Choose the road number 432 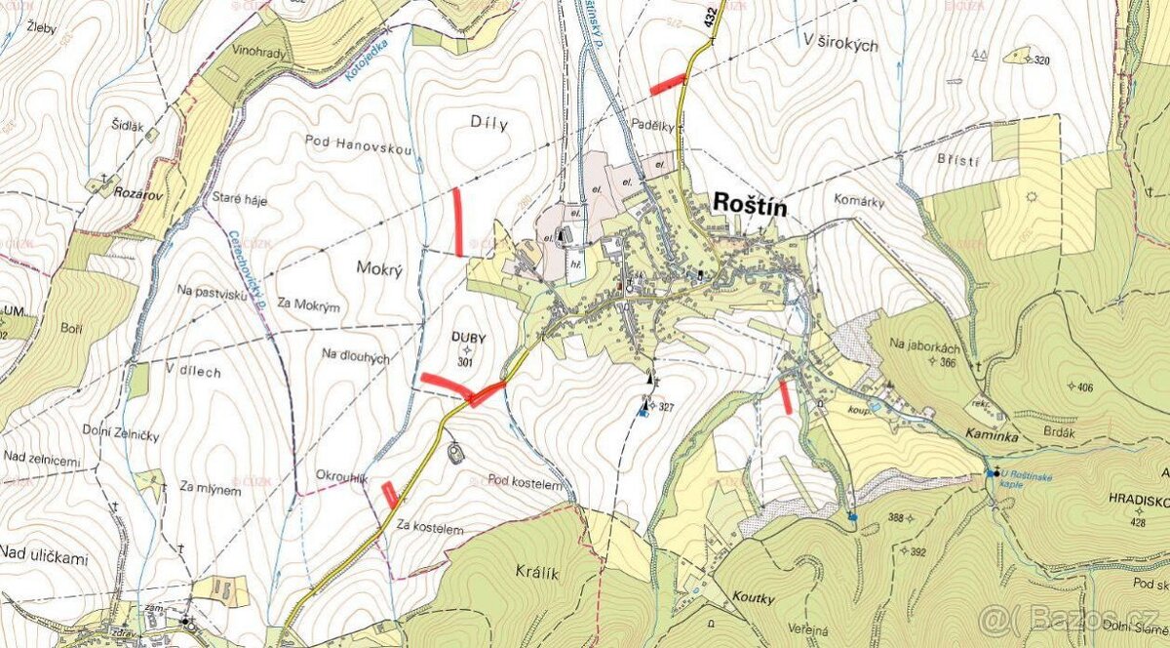click(705, 20)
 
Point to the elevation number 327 click(664, 406)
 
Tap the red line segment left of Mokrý click(457, 222)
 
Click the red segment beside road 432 click(668, 85)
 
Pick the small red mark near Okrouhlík click(390, 495)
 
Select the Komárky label click(859, 200)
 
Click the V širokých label click(841, 45)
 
